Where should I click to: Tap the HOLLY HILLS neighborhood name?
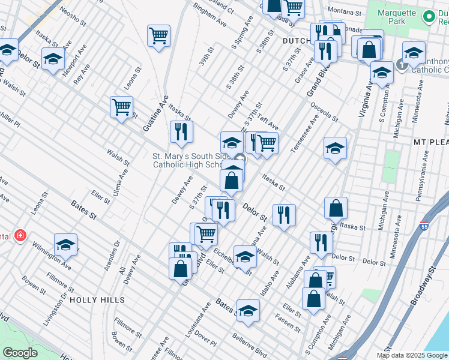click(97, 299)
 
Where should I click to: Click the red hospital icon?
click(21, 235)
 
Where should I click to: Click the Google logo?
click(20, 352)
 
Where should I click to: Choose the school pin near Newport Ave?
click(53, 59)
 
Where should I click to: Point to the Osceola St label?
click(324, 110)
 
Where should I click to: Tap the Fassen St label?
click(288, 325)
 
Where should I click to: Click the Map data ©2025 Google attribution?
click(412, 355)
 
